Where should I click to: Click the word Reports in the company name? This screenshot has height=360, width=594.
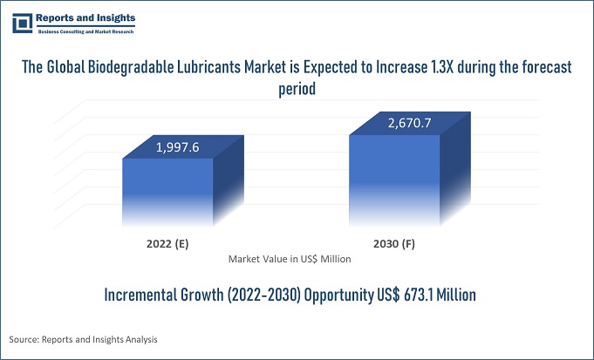[59, 17]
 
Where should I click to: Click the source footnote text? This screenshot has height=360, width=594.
[85, 338]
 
